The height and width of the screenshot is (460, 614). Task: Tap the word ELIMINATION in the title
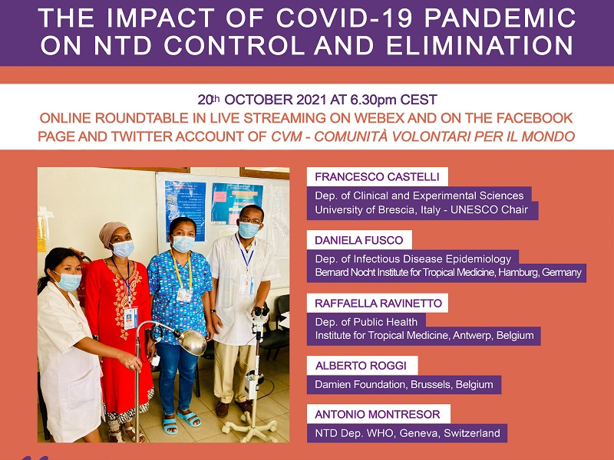pyautogui.click(x=480, y=45)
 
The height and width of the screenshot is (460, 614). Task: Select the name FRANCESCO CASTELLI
pyautogui.click(x=377, y=177)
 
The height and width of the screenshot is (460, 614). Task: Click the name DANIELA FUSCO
pyautogui.click(x=358, y=240)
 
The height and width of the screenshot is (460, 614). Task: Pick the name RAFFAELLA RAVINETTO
pyautogui.click(x=378, y=303)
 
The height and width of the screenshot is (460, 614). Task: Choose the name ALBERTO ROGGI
pyautogui.click(x=361, y=366)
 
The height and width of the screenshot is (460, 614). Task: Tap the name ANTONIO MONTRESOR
pyautogui.click(x=378, y=414)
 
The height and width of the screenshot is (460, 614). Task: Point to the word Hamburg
pyautogui.click(x=518, y=272)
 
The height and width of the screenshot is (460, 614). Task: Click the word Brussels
pyautogui.click(x=431, y=385)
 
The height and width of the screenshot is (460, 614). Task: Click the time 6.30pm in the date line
pyautogui.click(x=373, y=100)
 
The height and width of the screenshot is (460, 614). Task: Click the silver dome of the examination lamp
pyautogui.click(x=191, y=342)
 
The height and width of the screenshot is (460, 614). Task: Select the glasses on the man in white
pyautogui.click(x=249, y=221)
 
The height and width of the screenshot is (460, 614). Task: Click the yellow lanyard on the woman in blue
pyautogui.click(x=181, y=269)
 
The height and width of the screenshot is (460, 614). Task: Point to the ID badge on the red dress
pyautogui.click(x=130, y=317)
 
